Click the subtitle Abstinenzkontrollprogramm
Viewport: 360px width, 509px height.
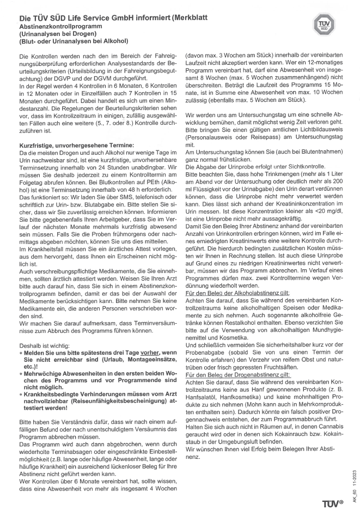pos(56,26)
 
